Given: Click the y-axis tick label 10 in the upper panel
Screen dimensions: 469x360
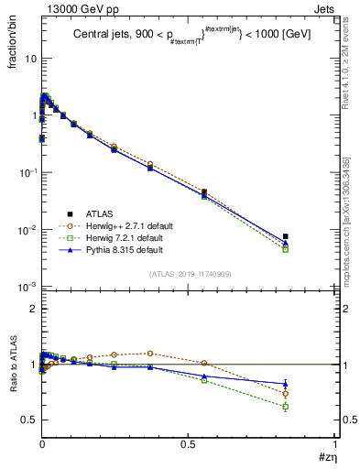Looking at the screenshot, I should pyautogui.click(x=27, y=59).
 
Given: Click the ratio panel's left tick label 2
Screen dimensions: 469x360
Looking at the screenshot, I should pyautogui.click(x=30, y=310).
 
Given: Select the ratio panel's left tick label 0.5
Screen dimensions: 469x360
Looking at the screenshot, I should pyautogui.click(x=27, y=420).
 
